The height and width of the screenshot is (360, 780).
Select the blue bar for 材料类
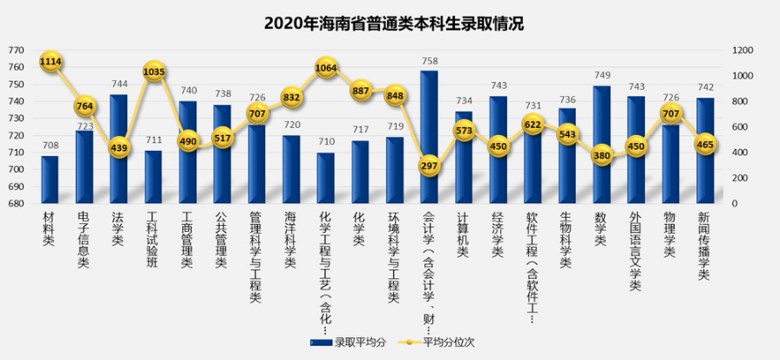coord(50,179)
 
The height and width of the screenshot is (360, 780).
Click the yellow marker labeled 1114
coord(51,61)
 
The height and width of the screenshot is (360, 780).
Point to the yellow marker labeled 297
coord(429,166)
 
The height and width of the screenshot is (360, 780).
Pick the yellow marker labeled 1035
coord(153,71)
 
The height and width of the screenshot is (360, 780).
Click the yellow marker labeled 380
coord(601,156)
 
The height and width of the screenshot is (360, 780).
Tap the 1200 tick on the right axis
coord(742,51)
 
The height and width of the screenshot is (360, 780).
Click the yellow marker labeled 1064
coord(326,67)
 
